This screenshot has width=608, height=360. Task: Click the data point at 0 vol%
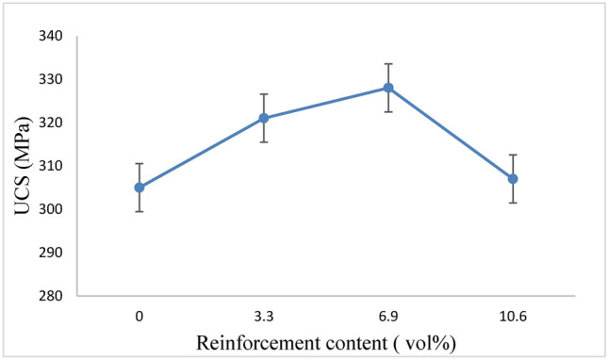[140, 187]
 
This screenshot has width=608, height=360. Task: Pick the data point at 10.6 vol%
[513, 178]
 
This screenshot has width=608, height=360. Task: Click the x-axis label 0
[140, 317]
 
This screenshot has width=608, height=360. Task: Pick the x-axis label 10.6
[513, 317]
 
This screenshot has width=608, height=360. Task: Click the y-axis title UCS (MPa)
[20, 167]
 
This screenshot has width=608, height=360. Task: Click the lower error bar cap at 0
[140, 211]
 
